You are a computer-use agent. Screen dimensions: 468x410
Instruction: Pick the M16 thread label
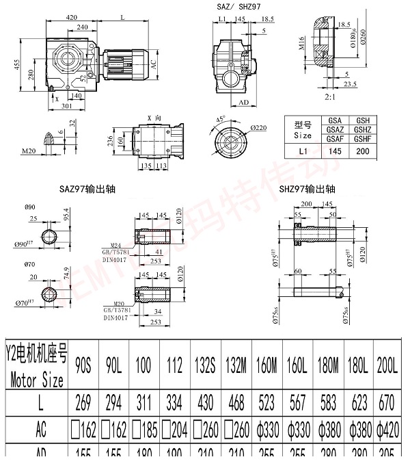click(x=301, y=49)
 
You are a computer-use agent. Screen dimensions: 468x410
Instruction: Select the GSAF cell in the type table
click(x=335, y=138)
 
